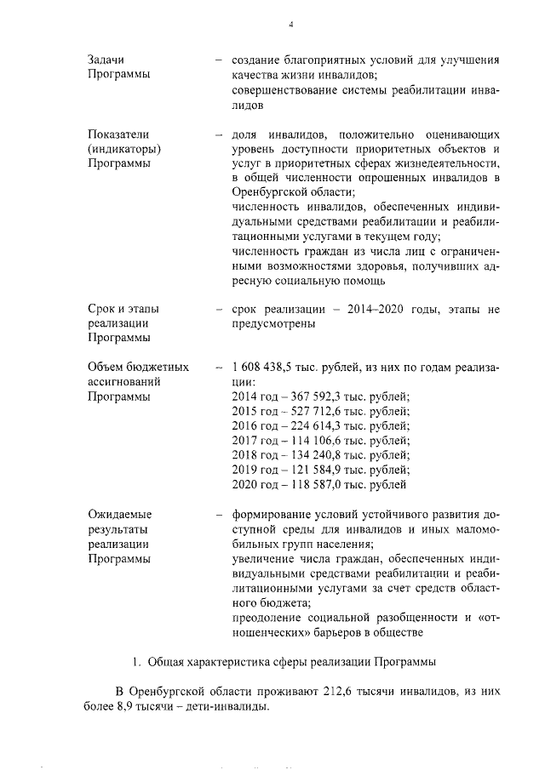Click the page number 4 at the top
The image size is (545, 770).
pyautogui.click(x=291, y=25)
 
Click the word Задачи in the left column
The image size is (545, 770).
pyautogui.click(x=106, y=61)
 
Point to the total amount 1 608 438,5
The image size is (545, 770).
pyautogui.click(x=267, y=367)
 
